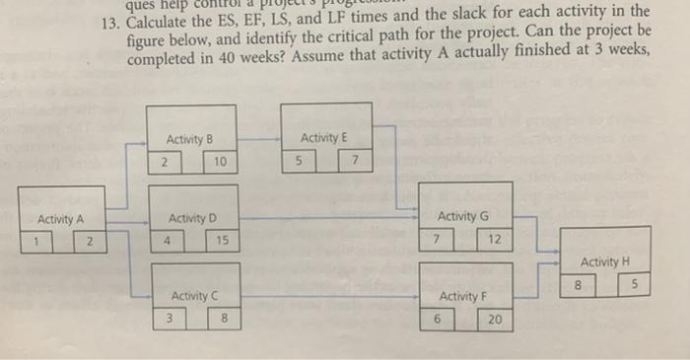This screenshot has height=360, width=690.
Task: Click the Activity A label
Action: coord(60,219)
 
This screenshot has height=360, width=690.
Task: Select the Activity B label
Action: coord(190,140)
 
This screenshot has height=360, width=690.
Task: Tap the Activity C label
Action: coord(195,296)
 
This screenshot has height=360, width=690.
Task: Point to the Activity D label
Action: coord(193,217)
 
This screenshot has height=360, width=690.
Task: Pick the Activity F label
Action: coord(462,296)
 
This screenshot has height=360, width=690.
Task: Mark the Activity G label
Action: coord(462,216)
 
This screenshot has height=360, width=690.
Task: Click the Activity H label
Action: coord(604,261)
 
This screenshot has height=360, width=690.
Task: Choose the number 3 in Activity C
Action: coord(169,318)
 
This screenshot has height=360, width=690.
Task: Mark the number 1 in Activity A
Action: coord(34,240)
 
